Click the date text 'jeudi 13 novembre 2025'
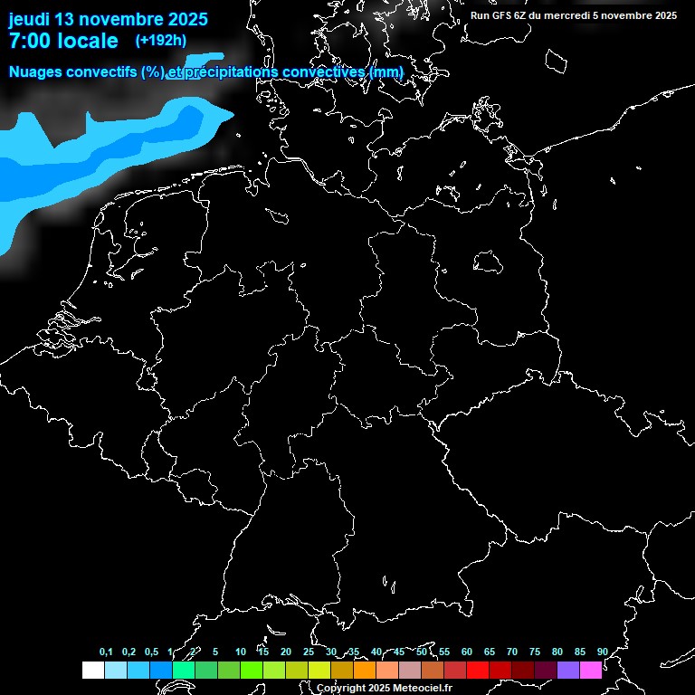108,19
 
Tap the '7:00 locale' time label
62,41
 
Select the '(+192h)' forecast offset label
161,41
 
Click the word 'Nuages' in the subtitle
36,72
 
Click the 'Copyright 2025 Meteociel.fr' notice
384,688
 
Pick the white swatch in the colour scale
92,671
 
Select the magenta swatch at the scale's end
591,671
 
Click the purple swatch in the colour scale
568,671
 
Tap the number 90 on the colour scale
602,652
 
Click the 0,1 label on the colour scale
106,652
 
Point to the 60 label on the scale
467,652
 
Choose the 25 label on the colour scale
309,652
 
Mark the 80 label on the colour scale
557,652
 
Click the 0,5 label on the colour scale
151,652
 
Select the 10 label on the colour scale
241,652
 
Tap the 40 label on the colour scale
376,652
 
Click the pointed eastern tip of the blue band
232,113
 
